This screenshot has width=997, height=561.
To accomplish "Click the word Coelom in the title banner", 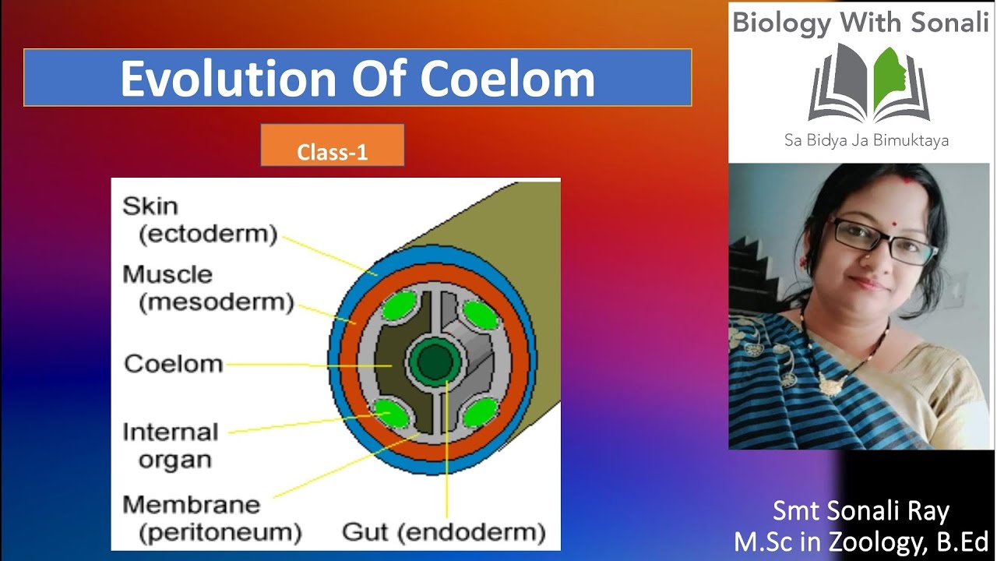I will (x=507, y=78).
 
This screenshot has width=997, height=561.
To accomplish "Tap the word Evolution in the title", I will (x=238, y=78).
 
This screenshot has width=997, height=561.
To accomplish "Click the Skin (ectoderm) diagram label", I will (x=199, y=221).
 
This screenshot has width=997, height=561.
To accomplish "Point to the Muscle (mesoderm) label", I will (x=208, y=288).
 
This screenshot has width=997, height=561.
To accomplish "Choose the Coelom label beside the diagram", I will (x=174, y=364).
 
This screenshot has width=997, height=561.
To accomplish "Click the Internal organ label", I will (x=171, y=446).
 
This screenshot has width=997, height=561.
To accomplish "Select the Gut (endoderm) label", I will (x=444, y=532).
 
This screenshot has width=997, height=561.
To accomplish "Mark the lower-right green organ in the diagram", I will (x=477, y=412).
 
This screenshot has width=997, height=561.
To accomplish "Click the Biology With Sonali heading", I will (x=860, y=23).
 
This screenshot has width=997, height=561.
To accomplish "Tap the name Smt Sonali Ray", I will (x=861, y=511).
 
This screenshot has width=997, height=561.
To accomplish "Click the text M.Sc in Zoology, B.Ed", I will (x=861, y=541).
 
